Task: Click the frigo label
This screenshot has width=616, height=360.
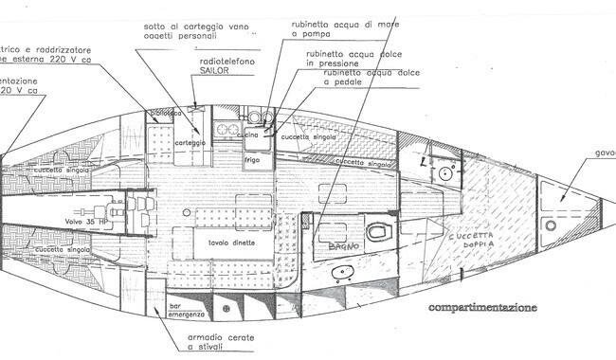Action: [252, 160]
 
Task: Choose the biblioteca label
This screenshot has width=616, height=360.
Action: [164, 113]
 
